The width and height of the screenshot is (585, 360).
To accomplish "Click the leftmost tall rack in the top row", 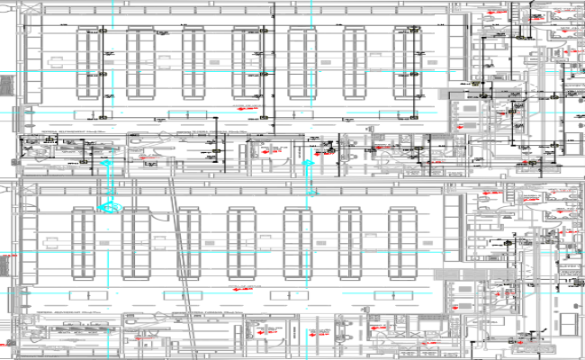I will coord(88,66).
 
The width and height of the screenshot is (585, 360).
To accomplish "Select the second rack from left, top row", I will coord(142,66).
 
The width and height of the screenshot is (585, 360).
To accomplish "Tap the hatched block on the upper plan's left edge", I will coord(6,85).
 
